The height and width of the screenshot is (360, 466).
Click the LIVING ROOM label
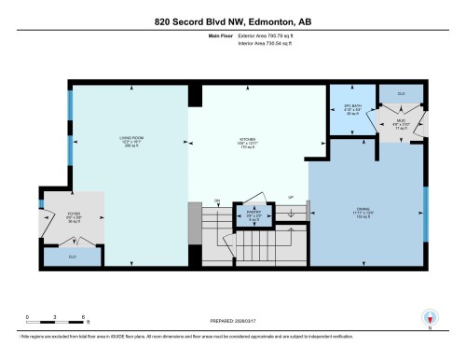tap(130, 142)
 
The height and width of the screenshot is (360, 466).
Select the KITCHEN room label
tap(246, 142)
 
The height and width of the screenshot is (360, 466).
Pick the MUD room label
tap(401, 121)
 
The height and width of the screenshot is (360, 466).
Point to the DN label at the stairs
tap(216, 201)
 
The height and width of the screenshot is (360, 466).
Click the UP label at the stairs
tap(291, 198)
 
